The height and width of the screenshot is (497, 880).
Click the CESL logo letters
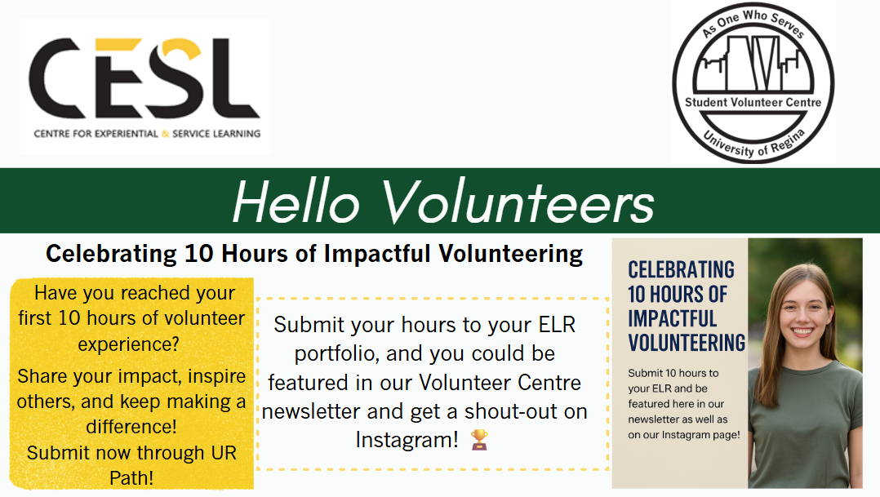[x=144, y=78]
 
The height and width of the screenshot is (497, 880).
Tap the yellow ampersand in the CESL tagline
[x=165, y=134]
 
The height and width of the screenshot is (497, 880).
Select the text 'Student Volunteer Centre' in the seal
[x=753, y=103]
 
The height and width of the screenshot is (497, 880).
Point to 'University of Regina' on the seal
[x=753, y=144]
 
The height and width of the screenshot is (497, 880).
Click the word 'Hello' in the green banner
[x=296, y=202]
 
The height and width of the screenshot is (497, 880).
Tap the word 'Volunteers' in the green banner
[x=518, y=202]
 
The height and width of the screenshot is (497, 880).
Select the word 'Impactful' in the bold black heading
[x=377, y=254]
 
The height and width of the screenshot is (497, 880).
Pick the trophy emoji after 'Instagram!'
[x=479, y=440]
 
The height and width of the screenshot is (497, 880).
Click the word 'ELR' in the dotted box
[x=557, y=325]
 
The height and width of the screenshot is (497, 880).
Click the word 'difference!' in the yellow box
[x=131, y=427]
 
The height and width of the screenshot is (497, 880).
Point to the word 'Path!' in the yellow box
[x=131, y=478]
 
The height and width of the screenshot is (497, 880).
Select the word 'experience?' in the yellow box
[x=128, y=344]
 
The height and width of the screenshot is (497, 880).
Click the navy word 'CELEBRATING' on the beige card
[x=681, y=270]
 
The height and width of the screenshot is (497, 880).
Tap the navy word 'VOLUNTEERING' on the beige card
[x=687, y=343]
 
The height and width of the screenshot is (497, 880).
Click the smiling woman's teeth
[x=802, y=331]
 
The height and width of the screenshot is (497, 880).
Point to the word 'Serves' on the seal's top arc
[x=789, y=25]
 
